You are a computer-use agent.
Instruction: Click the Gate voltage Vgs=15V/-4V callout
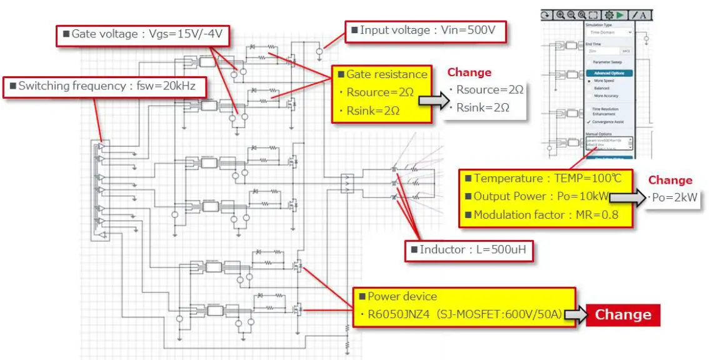[143, 35]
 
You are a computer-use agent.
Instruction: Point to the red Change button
[622, 314]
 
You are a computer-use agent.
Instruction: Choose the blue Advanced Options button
[608, 73]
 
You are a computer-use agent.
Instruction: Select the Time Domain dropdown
[608, 32]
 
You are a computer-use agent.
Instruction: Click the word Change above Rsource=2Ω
[469, 72]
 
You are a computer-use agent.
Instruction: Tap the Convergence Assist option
[609, 122]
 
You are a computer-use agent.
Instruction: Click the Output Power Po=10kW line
[540, 196]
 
